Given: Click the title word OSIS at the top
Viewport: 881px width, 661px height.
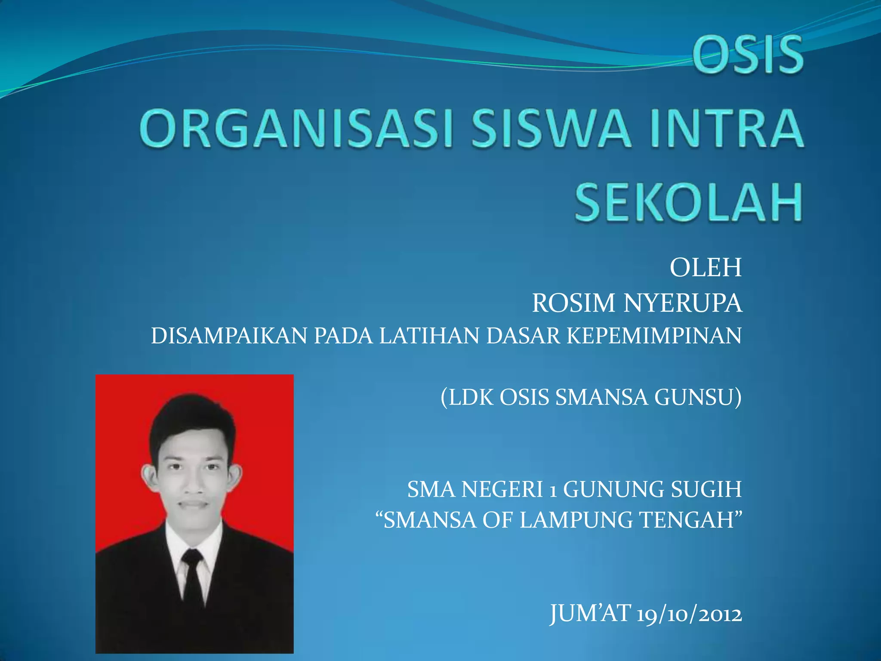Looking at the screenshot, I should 747,55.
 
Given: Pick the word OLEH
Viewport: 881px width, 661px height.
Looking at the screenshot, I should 705,268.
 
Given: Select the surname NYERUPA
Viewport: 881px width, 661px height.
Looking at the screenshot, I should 683,303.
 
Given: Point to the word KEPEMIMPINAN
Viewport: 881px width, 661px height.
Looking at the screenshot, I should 654,336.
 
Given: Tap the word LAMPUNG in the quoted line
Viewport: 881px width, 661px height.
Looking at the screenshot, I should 576,520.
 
